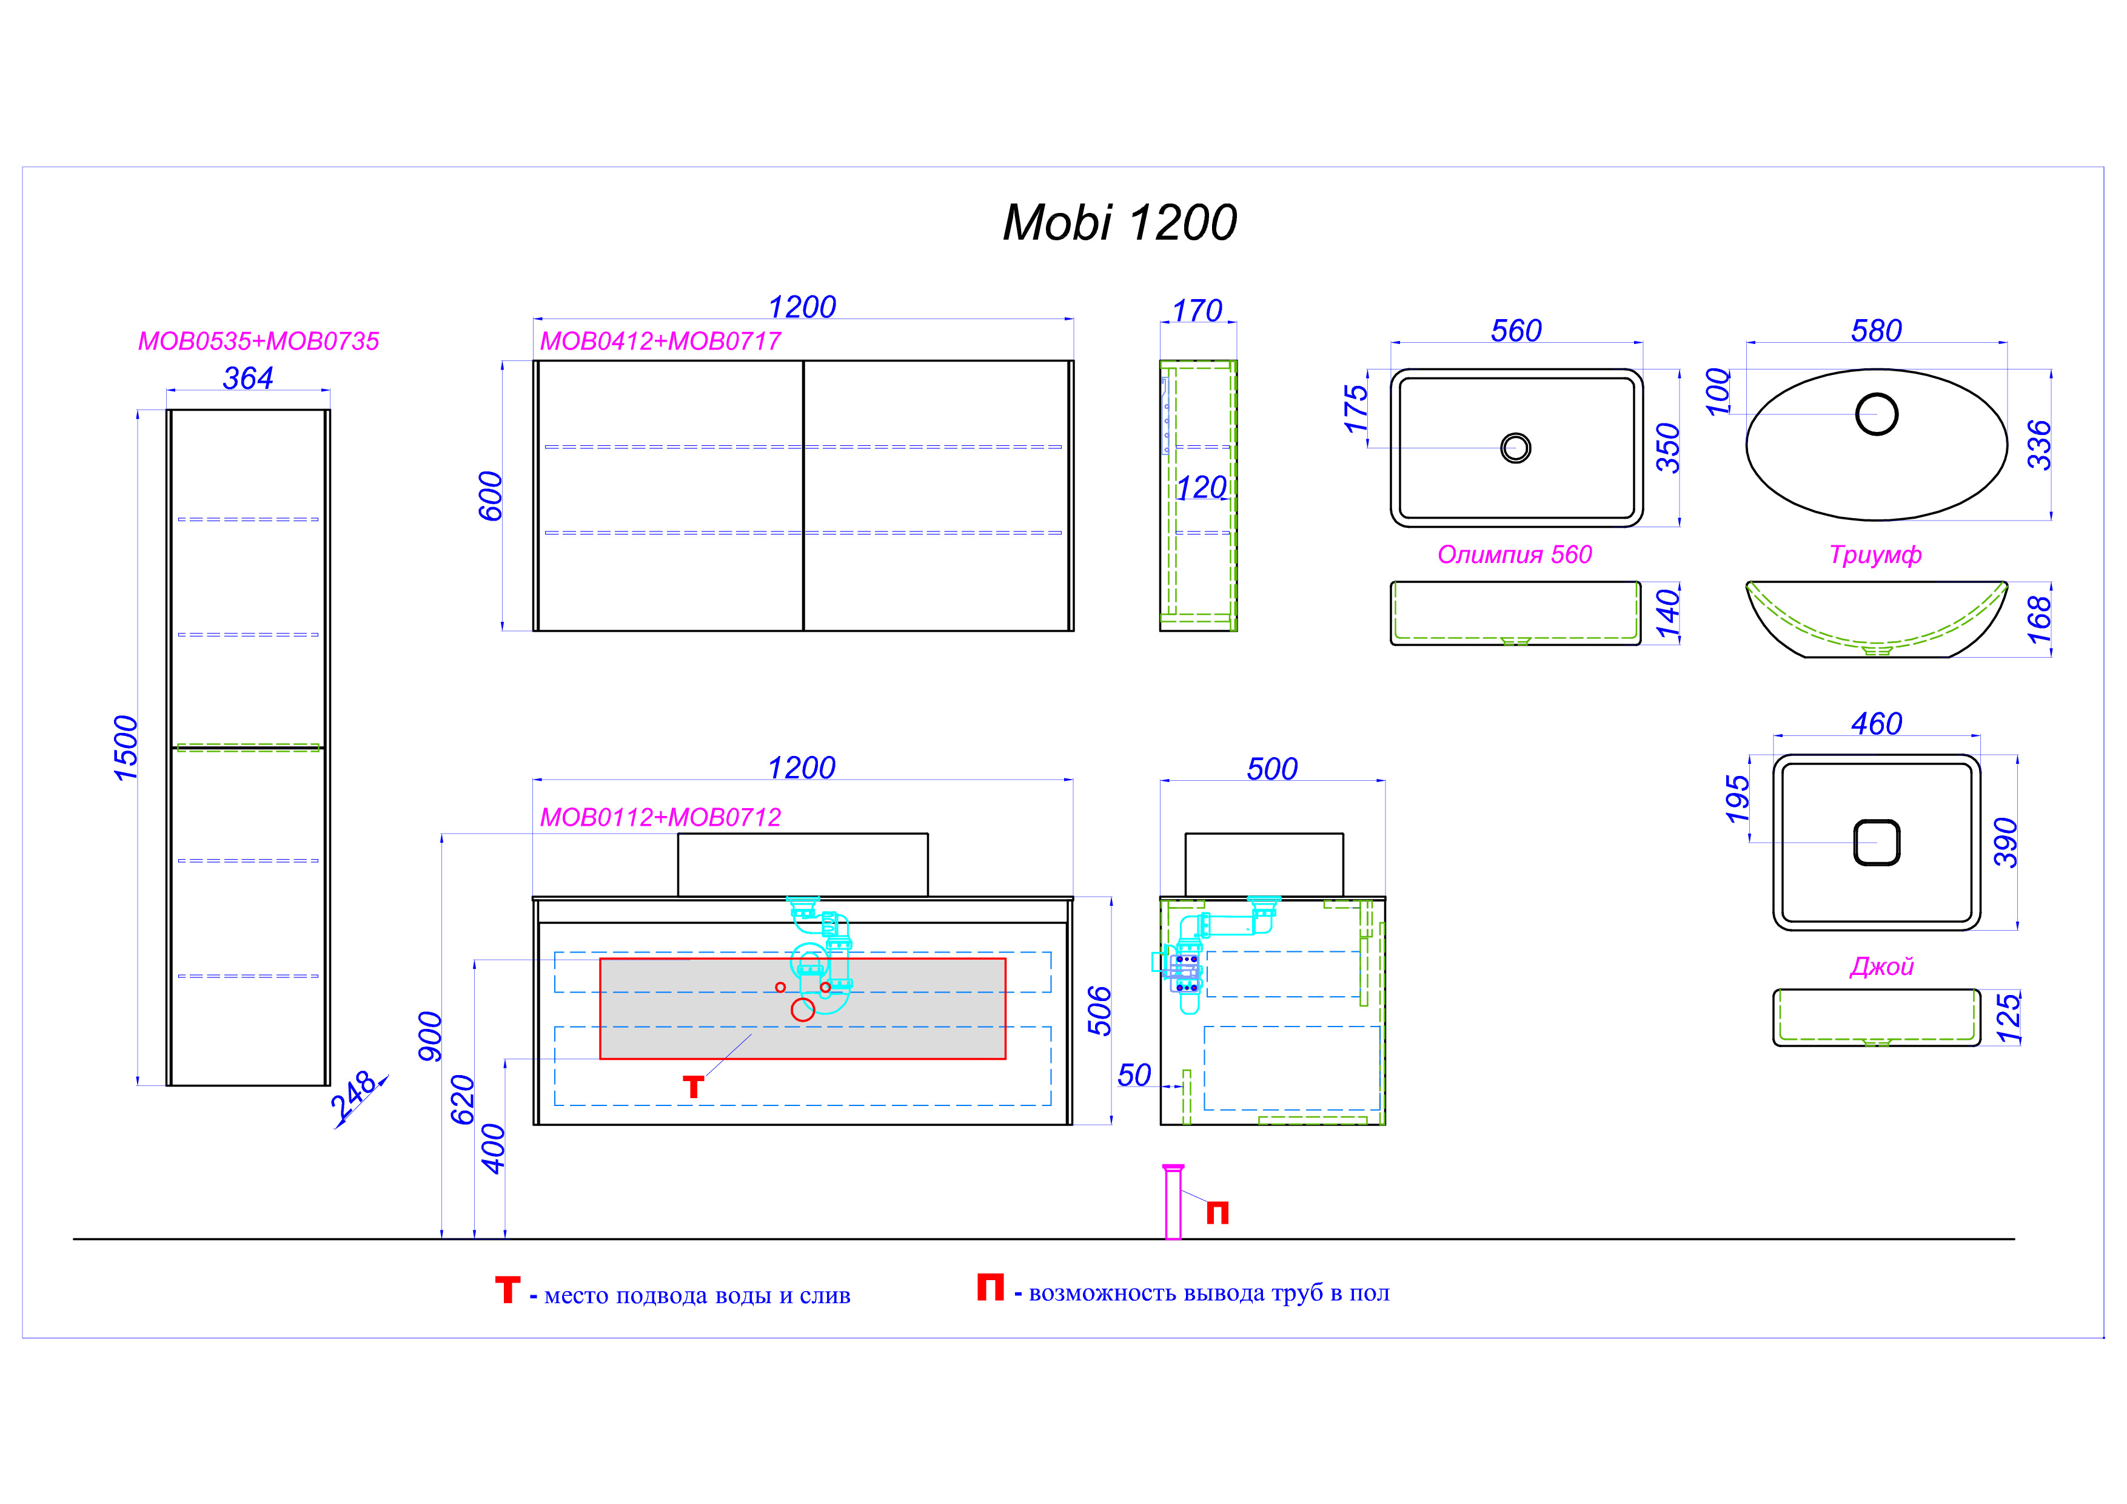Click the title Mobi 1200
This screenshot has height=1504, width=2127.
pyautogui.click(x=1119, y=223)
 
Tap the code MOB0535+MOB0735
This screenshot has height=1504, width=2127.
pyautogui.click(x=258, y=341)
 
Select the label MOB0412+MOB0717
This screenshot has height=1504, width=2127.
pyautogui.click(x=660, y=341)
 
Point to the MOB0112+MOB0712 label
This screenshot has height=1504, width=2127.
pyautogui.click(x=660, y=817)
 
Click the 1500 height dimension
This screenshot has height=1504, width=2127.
pyautogui.click(x=126, y=748)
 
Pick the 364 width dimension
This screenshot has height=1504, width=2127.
pyautogui.click(x=248, y=378)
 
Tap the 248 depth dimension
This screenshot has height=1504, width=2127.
pyautogui.click(x=354, y=1094)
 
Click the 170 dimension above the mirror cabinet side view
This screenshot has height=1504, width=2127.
pyautogui.click(x=1198, y=311)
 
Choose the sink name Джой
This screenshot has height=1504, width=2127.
pyautogui.click(x=1881, y=966)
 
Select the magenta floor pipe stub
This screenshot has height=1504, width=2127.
pyautogui.click(x=1173, y=1202)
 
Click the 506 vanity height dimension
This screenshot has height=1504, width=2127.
pyautogui.click(x=1099, y=1010)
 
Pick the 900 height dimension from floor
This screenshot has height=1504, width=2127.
pyautogui.click(x=430, y=1036)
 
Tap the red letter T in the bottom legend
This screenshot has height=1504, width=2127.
pyautogui.click(x=507, y=1290)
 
